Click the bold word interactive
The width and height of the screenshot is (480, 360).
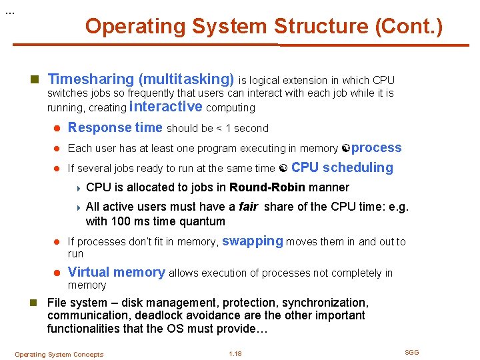pyautogui.click(x=166, y=107)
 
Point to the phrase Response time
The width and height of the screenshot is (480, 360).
pyautogui.click(x=115, y=127)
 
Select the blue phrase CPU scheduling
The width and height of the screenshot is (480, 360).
pyautogui.click(x=342, y=167)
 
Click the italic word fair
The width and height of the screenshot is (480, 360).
pyautogui.click(x=248, y=207)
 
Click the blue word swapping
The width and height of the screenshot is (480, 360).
pyautogui.click(x=252, y=241)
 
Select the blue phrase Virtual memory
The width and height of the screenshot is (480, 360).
pyautogui.click(x=116, y=272)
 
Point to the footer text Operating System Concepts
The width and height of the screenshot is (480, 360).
pyautogui.click(x=59, y=354)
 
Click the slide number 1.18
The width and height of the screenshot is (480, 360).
pyautogui.click(x=235, y=353)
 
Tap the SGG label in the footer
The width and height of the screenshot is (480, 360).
pyautogui.click(x=412, y=352)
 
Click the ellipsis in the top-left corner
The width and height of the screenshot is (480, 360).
pyautogui.click(x=9, y=13)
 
